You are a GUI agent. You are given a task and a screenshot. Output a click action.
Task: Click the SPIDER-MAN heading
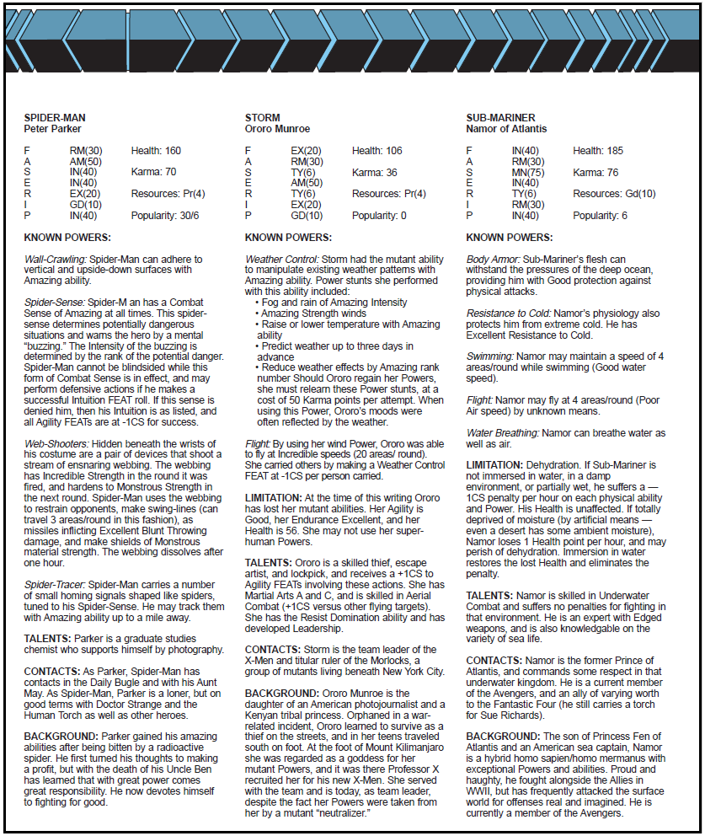(x=55, y=118)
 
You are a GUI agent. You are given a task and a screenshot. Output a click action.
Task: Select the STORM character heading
(x=262, y=118)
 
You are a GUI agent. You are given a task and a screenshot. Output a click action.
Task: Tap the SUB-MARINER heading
(x=500, y=118)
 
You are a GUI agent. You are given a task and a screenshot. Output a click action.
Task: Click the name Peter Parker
(x=52, y=129)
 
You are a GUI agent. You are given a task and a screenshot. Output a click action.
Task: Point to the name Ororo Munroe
(x=277, y=129)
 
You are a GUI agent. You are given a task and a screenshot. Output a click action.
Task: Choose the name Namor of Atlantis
(x=506, y=129)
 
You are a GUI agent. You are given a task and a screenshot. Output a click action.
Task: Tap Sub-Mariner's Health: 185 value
(x=598, y=151)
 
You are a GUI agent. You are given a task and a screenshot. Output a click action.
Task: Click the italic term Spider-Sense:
(x=56, y=302)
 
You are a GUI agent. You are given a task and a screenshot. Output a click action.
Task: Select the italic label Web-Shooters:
(x=56, y=443)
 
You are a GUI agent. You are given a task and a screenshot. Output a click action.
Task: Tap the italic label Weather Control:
(x=281, y=259)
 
